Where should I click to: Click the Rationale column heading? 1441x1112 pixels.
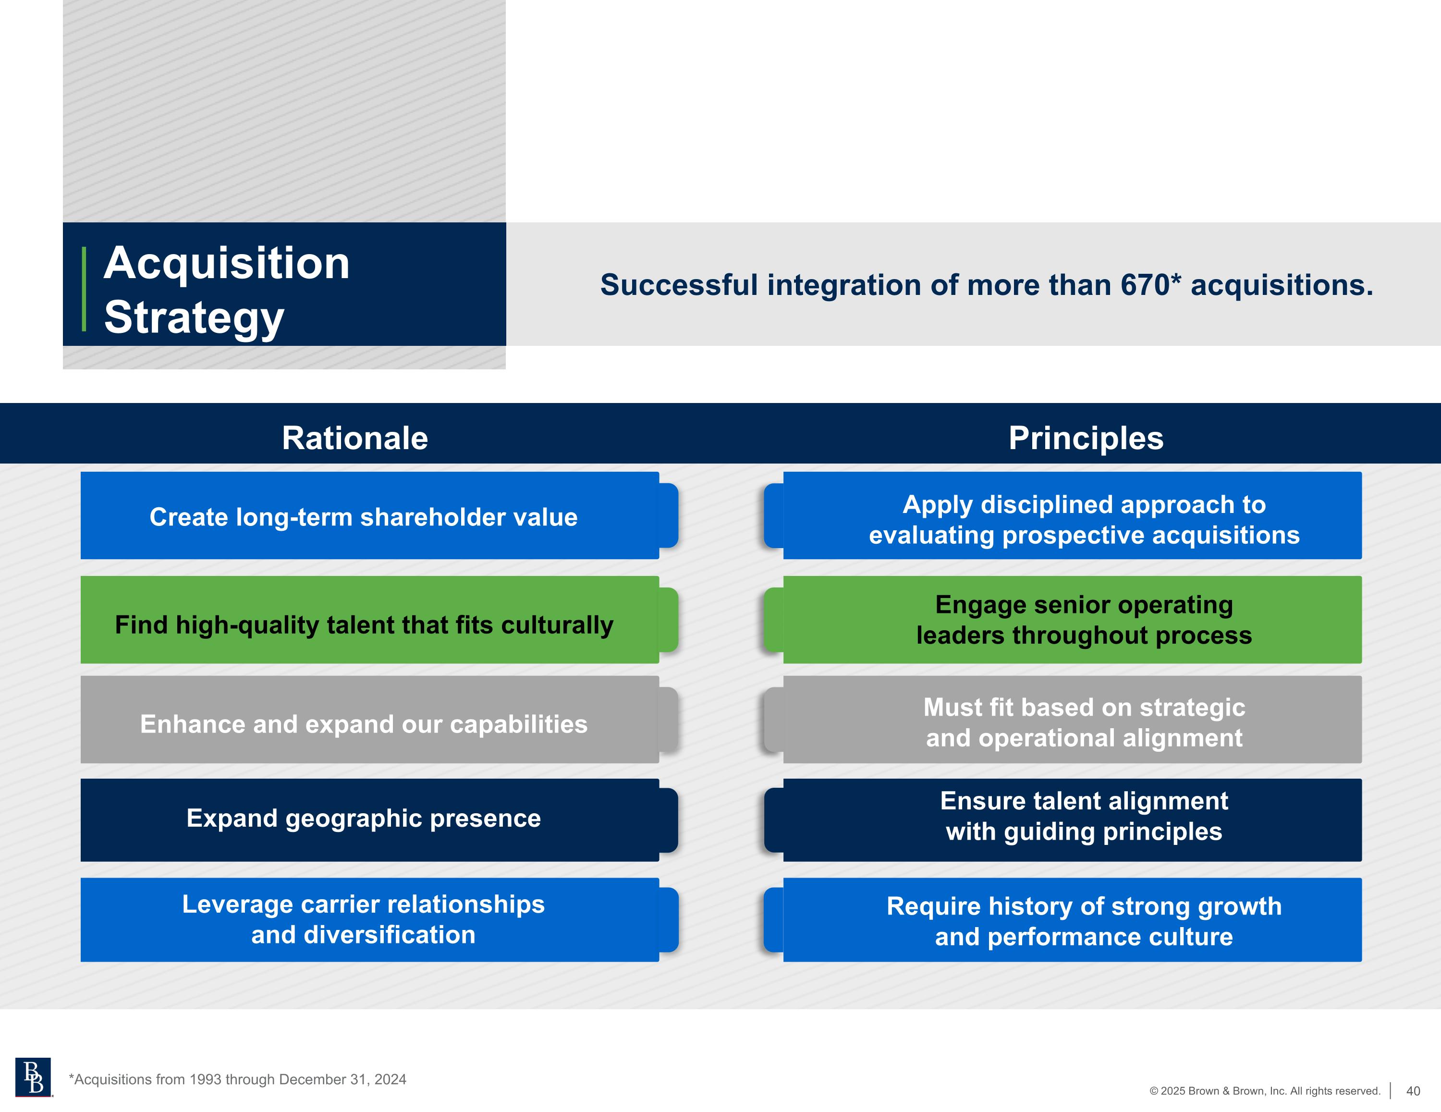click(x=355, y=438)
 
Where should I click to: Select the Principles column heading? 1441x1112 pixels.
click(x=1086, y=438)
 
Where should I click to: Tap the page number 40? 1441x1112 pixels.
click(x=1413, y=1091)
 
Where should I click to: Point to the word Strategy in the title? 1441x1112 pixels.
click(x=194, y=318)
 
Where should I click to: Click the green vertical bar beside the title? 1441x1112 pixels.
click(x=84, y=288)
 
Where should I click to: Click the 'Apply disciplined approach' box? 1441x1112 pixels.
click(x=1062, y=515)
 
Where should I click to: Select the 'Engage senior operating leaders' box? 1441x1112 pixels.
click(x=1062, y=620)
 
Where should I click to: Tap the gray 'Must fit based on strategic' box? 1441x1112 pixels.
click(x=1062, y=720)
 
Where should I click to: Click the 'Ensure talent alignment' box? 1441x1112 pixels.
click(x=1062, y=819)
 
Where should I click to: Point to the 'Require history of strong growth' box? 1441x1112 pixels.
click(x=1062, y=919)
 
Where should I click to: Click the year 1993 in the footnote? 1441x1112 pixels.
click(x=205, y=1079)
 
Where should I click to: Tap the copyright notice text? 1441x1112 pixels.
click(x=1265, y=1091)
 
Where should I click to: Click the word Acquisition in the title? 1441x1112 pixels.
click(x=226, y=263)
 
